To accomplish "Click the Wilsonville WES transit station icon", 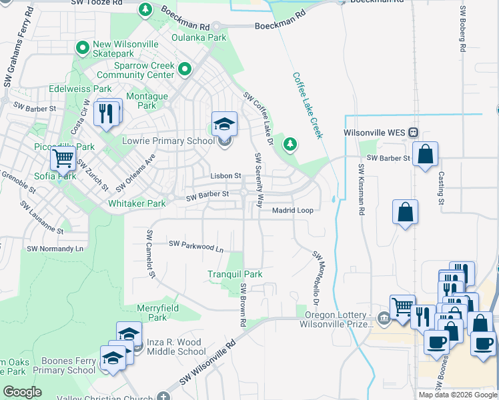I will tap(414, 132).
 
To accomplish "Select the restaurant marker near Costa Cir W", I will tap(107, 113).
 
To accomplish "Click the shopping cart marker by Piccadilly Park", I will tap(63, 159).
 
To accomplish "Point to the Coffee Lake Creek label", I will tap(308, 105).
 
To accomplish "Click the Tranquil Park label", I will tap(235, 274).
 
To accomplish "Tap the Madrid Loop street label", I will tap(292, 210).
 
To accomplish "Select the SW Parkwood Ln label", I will tap(195, 246).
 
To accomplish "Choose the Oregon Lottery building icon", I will tap(383, 317).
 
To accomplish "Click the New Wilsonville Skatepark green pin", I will tap(83, 47).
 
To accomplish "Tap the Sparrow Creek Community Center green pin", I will tap(185, 69).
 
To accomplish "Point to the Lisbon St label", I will tap(225, 175).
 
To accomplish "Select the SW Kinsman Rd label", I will tap(361, 190).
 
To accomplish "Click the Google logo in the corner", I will tap(22, 392).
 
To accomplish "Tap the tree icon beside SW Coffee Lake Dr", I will tap(290, 143).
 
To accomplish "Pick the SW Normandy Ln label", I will tap(55, 248).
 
